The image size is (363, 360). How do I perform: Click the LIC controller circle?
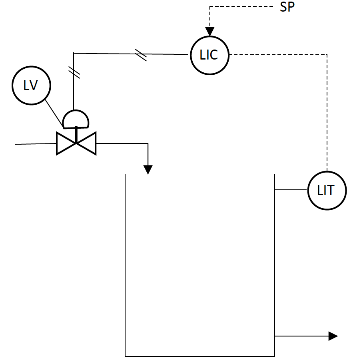tap(209, 55)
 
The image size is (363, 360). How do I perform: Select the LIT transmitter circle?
tap(327, 191)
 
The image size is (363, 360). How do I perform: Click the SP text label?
tap(287, 7)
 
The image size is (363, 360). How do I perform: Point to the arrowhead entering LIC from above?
tap(209, 32)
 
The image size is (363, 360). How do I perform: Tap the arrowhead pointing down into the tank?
tap(148, 169)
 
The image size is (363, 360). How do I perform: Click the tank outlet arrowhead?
tap(333, 336)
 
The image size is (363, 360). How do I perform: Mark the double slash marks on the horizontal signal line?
tap(141, 55)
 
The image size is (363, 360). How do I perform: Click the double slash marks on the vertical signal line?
tap(74, 72)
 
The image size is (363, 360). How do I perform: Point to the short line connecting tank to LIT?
tap(291, 190)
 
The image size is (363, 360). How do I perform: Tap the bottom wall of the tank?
tap(200, 356)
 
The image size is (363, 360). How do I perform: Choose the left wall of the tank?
tap(126, 264)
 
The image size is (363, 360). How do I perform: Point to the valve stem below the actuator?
tap(76, 134)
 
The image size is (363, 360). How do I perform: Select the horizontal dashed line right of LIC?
tap(280, 54)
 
